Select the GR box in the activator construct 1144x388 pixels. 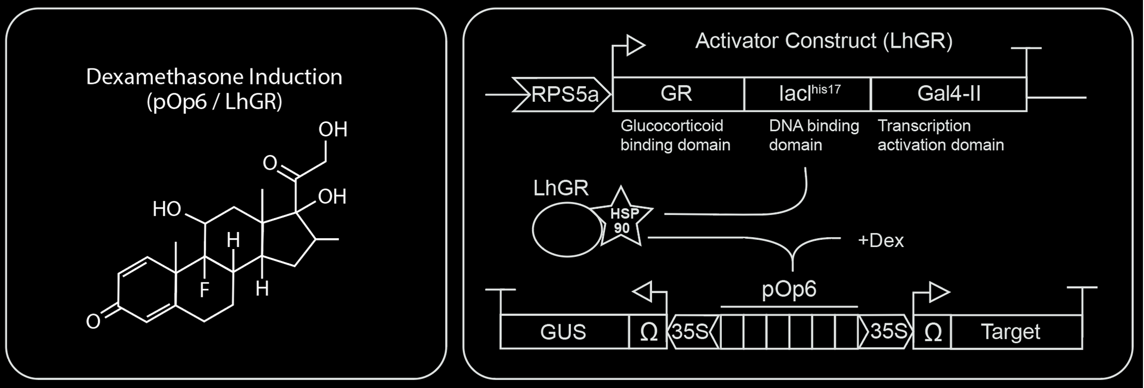677,94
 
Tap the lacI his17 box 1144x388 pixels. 807,94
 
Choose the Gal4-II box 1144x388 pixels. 948,94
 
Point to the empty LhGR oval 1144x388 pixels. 566,230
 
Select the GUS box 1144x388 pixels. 564,332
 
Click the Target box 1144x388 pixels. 1011,332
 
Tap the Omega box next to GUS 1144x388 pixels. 648,332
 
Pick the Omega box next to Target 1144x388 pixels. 933,332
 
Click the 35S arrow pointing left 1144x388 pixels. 692,332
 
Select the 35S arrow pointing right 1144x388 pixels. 886,332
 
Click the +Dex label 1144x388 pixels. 881,241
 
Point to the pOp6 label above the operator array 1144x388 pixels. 789,289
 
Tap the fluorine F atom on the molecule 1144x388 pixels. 204,291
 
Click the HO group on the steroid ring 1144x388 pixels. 167,209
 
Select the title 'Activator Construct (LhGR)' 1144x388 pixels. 824,41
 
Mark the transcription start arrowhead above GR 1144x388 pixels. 636,45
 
